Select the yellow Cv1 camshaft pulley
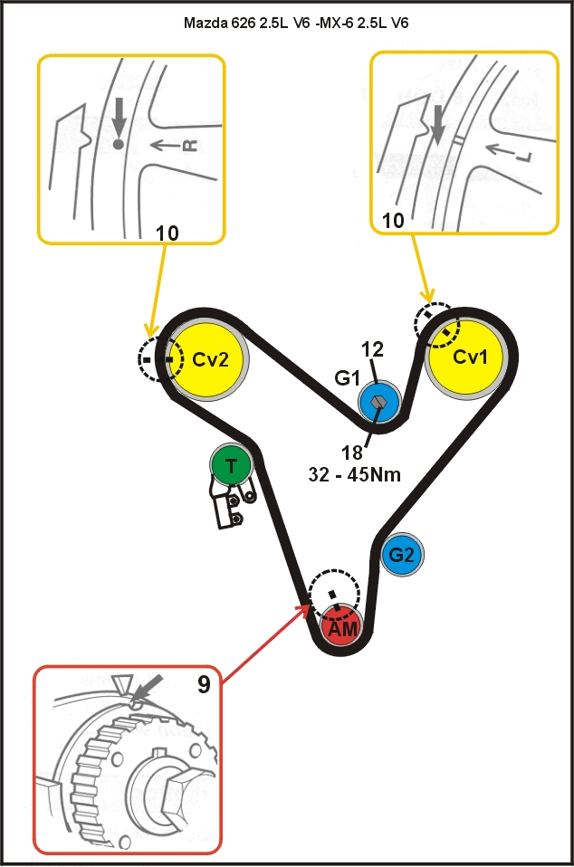(x=470, y=357)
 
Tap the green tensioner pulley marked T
(x=232, y=466)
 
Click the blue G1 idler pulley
(x=378, y=403)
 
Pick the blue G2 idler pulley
(x=401, y=555)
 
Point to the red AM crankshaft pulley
(x=341, y=627)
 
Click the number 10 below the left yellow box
(x=167, y=233)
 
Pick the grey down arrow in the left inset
(x=118, y=118)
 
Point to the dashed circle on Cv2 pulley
(x=159, y=358)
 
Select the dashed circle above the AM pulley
(x=333, y=595)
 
